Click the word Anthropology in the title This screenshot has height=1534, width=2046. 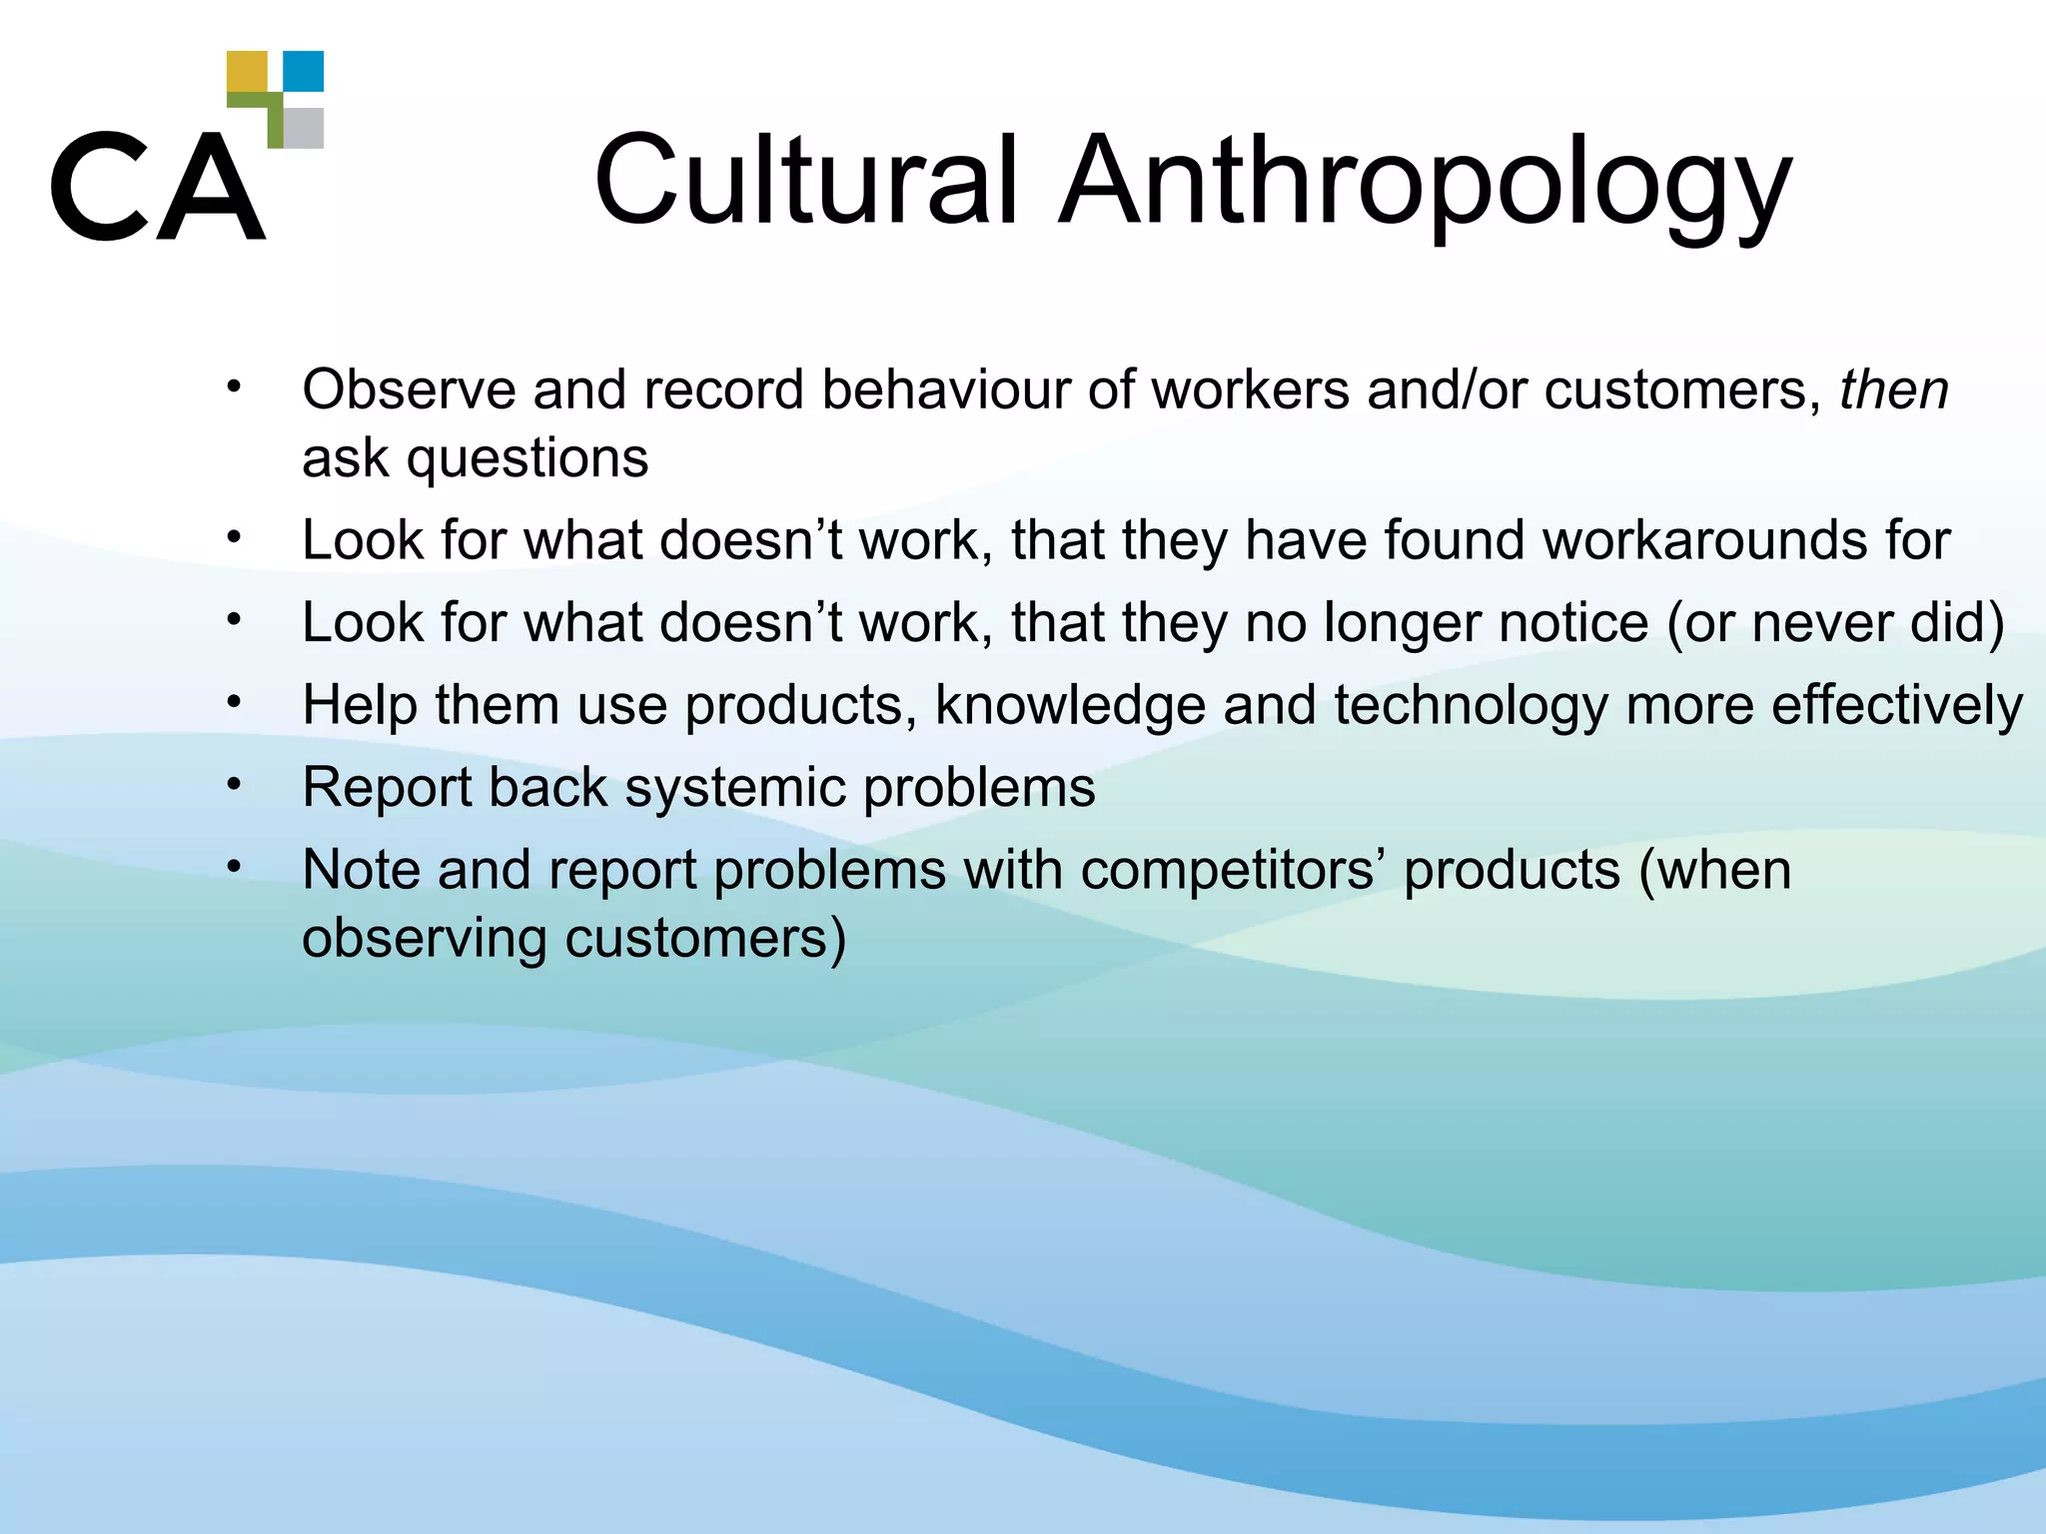(1426, 185)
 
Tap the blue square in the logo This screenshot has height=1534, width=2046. (304, 71)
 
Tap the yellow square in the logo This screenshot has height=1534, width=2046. (247, 72)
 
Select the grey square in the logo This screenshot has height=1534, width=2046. (304, 128)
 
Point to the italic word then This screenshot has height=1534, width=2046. (1894, 389)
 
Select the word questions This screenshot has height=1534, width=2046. (527, 459)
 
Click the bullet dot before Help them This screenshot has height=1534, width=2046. (234, 702)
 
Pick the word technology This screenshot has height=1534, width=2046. (1471, 706)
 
